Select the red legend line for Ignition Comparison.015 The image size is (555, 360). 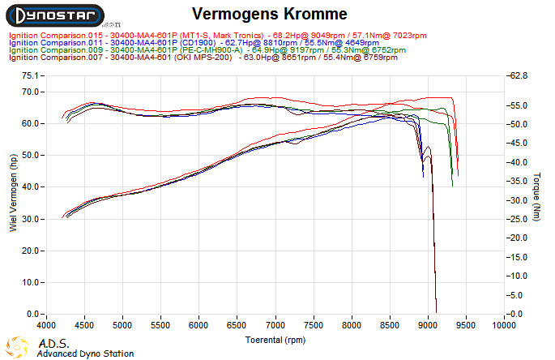coord(218,36)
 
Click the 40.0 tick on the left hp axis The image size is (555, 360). coord(31,187)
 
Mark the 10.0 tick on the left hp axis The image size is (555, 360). coord(31,282)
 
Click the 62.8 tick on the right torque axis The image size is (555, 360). coord(518,75)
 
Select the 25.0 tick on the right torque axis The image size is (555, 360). coord(518,219)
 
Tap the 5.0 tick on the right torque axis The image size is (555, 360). coord(518,295)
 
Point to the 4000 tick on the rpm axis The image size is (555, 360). coord(46,325)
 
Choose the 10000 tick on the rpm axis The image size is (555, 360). coord(503,325)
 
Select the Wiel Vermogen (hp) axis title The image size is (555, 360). coord(13,195)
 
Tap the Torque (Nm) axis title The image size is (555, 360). coord(537,195)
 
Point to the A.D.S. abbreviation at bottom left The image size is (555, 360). coord(54,344)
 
